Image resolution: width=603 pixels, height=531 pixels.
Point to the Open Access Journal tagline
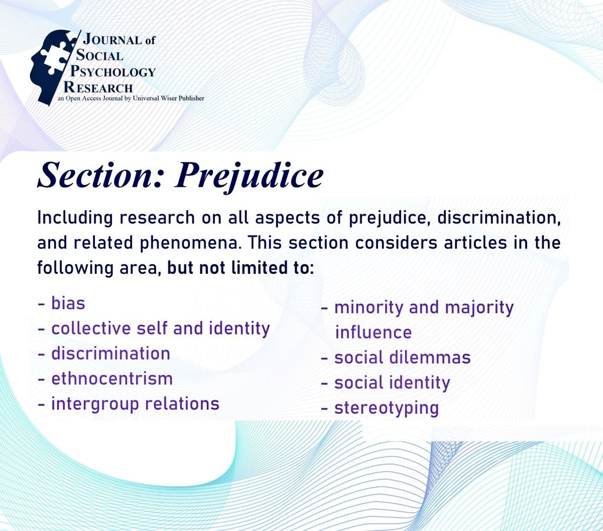(x=130, y=98)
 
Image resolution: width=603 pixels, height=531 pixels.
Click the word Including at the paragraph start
(x=75, y=217)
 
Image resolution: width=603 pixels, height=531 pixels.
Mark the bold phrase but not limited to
(x=241, y=268)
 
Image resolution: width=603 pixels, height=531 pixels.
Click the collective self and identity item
(x=154, y=328)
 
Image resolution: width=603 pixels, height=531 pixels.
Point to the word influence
(x=373, y=333)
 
